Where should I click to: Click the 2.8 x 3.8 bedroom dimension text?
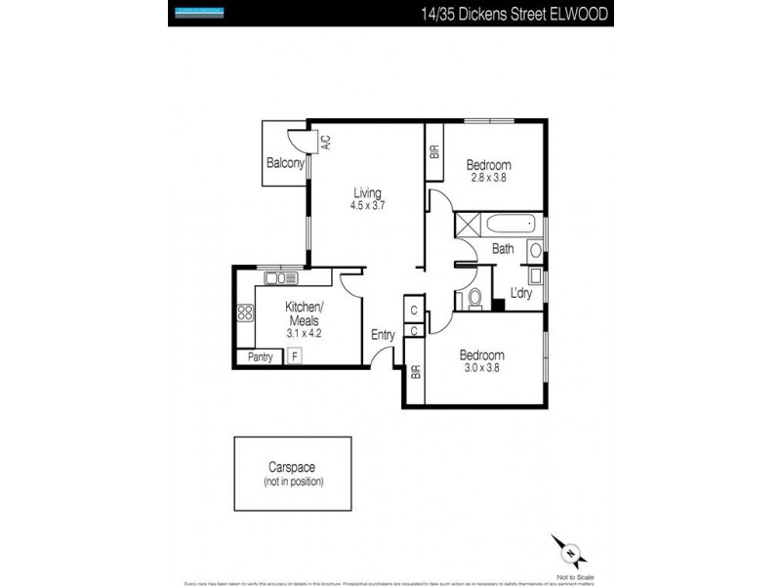pyautogui.click(x=487, y=177)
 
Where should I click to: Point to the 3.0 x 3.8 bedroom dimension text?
pyautogui.click(x=482, y=368)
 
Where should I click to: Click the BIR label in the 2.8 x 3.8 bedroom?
pyautogui.click(x=434, y=151)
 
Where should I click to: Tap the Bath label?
pyautogui.click(x=503, y=249)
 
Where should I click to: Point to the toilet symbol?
pyautogui.click(x=474, y=297)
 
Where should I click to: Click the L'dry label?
pyautogui.click(x=521, y=292)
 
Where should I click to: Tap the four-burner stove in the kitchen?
pyautogui.click(x=246, y=314)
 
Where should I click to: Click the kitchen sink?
pyautogui.click(x=281, y=278)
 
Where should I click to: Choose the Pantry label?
pyautogui.click(x=260, y=356)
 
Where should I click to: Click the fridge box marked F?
pyautogui.click(x=295, y=356)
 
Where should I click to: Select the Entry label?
pyautogui.click(x=383, y=335)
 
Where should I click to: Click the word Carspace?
pyautogui.click(x=293, y=468)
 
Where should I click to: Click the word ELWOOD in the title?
pyautogui.click(x=582, y=14)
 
